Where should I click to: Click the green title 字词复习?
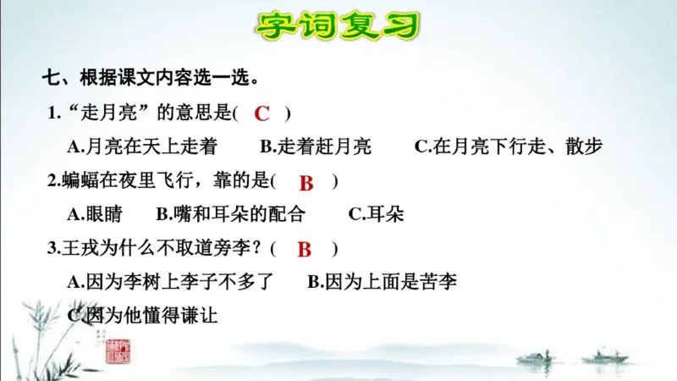tap(338, 25)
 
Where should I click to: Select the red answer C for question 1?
tap(262, 113)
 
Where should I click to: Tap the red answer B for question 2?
tap(306, 182)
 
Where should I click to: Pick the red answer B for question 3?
tap(305, 249)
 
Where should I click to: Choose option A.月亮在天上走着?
tap(142, 146)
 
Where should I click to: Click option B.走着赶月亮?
tap(316, 146)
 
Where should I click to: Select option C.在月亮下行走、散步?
tap(509, 146)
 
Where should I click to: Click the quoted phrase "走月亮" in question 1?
tap(100, 113)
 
